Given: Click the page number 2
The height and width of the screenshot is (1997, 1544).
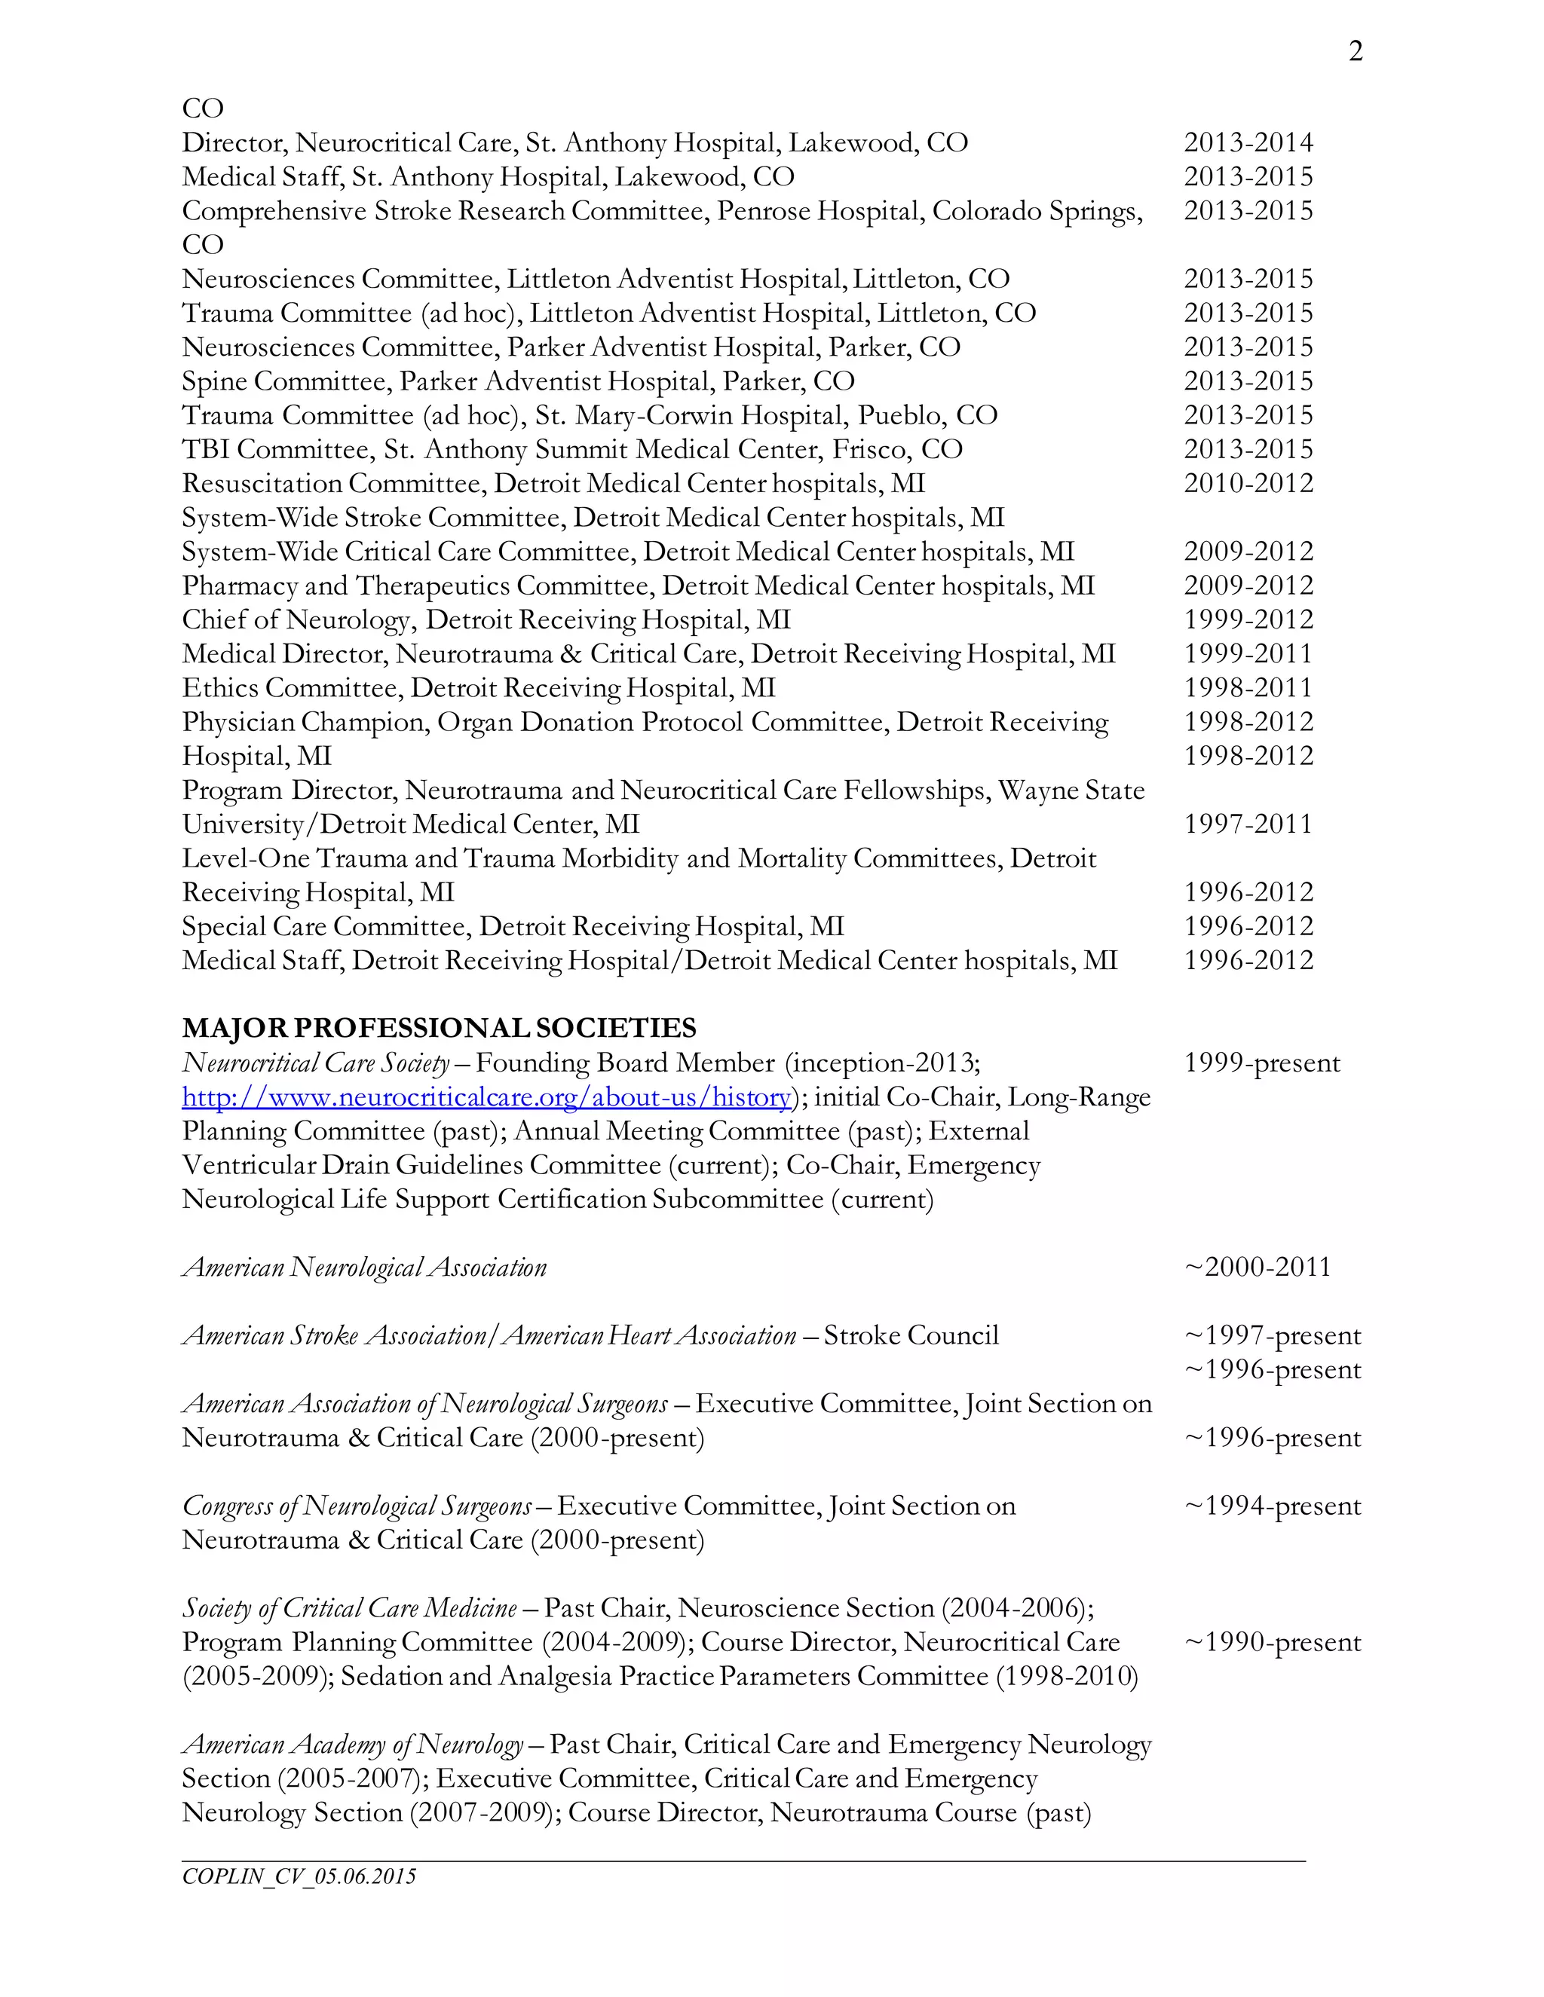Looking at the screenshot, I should coord(1356,52).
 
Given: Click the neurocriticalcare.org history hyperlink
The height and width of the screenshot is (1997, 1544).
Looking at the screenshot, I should coord(486,1097).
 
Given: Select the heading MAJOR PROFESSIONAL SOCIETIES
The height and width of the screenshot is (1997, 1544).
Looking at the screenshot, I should coord(439,1029).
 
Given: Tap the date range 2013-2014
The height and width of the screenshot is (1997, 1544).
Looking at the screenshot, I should coord(1248,142).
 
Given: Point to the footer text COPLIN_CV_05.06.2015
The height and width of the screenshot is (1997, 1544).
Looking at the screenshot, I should coord(299,1877).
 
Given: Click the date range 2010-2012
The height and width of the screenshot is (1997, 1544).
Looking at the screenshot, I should coord(1248,484).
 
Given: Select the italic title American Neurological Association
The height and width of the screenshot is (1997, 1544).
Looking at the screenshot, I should coord(364,1268).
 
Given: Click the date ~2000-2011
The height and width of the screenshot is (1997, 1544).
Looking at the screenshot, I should coord(1257,1268).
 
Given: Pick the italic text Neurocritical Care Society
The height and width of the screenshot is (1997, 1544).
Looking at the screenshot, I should coord(316,1063).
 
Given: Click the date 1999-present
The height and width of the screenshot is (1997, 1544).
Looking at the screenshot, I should coord(1261,1063).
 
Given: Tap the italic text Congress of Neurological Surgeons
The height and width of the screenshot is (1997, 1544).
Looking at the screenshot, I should coord(357,1506).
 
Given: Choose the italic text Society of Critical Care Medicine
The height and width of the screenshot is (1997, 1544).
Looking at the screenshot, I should coord(349,1608).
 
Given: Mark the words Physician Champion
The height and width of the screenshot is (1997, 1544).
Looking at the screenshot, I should coord(305,723).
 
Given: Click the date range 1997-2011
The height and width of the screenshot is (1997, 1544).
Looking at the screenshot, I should coord(1248,824).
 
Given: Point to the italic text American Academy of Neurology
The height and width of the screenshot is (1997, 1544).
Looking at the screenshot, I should coord(353,1745).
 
